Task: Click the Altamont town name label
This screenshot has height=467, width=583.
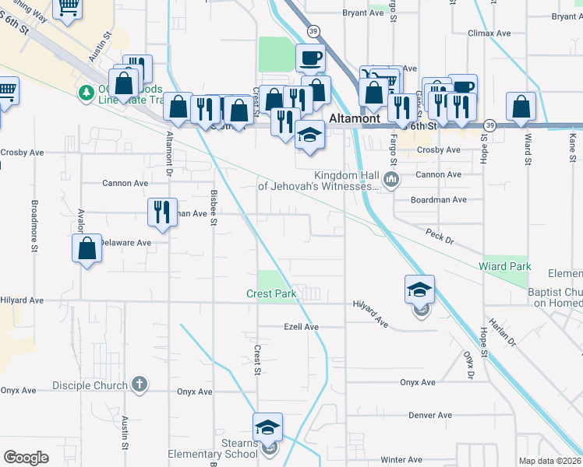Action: point(354,119)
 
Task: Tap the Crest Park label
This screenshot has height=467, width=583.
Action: point(270,294)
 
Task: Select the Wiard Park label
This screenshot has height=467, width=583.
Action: point(505,267)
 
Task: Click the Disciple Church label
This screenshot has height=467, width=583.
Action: point(90,385)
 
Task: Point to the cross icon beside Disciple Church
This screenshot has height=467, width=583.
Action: point(140,384)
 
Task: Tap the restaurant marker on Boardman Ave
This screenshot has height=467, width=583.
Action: point(161,212)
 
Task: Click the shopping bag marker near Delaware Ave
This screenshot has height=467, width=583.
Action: point(87,249)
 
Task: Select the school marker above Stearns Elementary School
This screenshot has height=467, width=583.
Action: point(267,428)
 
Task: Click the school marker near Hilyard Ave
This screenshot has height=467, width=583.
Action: point(419,290)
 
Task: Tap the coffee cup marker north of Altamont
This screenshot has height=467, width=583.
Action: point(310,58)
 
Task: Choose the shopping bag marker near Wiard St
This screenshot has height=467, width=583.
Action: point(521,107)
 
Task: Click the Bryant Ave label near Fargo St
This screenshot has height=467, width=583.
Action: point(366,13)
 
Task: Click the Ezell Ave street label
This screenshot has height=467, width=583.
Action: point(301,327)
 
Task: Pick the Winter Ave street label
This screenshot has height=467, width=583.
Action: point(401,460)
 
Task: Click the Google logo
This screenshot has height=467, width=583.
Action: point(26,458)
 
